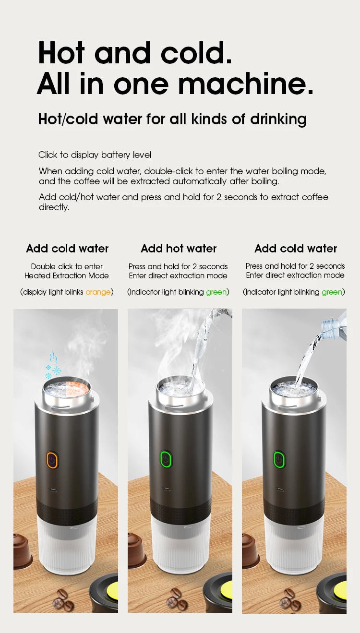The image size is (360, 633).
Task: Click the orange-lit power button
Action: [52, 460]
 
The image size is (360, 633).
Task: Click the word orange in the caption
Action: [98, 292]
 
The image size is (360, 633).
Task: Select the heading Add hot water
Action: [179, 249]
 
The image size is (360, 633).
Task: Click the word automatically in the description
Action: [199, 181]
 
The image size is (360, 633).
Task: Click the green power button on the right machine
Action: [279, 460]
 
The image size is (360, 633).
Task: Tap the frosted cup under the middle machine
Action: [180, 545]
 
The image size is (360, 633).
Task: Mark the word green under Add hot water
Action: [216, 292]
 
